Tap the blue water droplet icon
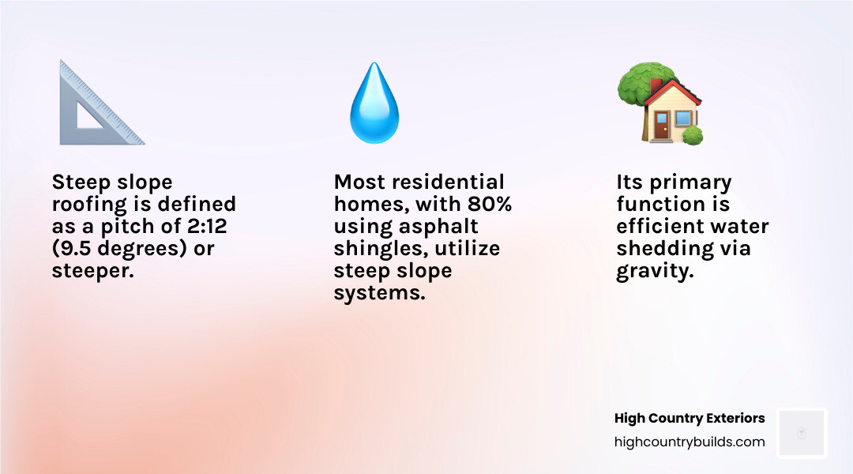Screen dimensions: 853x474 pos(374,103)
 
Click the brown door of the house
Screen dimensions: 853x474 pos(661,126)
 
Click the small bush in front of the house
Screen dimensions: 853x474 pos(693,135)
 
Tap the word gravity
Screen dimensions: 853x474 pos(655,272)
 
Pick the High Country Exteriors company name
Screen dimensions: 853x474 pos(690,418)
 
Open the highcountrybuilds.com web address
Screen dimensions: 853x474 pos(690,442)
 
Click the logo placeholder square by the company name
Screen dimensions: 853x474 pos(802,433)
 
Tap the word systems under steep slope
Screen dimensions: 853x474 pos(379,293)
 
